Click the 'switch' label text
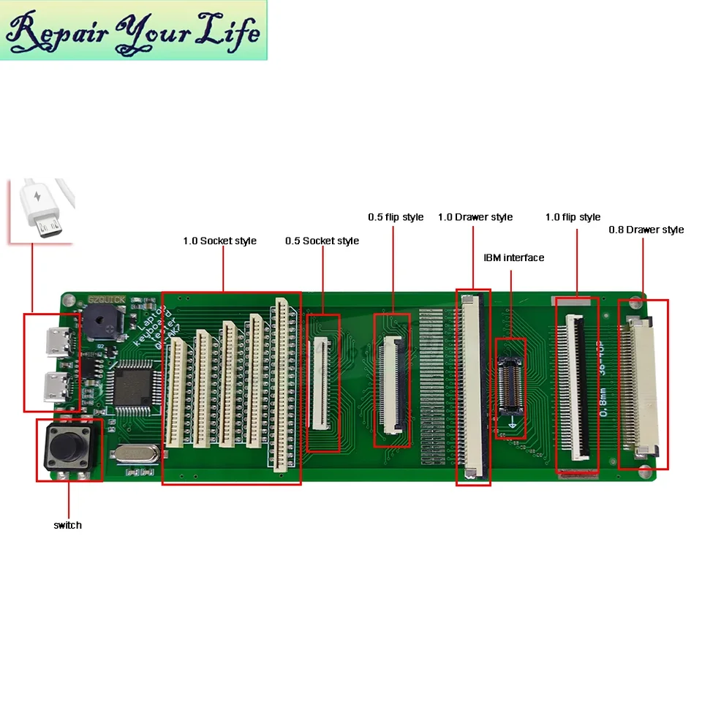(x=67, y=525)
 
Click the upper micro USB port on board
(x=57, y=340)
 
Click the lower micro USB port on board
(x=57, y=385)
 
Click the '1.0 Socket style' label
(x=219, y=241)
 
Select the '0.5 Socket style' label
(x=322, y=241)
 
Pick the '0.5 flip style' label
(x=396, y=217)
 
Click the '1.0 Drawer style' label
(x=475, y=217)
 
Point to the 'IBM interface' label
(x=514, y=257)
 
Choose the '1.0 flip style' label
(x=573, y=217)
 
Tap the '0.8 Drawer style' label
(x=646, y=230)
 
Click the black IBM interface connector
(x=510, y=385)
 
